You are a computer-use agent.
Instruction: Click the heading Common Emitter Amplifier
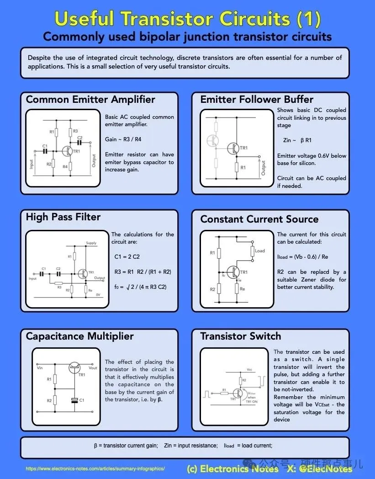(90, 100)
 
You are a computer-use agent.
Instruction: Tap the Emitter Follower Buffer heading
(257, 100)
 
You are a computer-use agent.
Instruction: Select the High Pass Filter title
(63, 217)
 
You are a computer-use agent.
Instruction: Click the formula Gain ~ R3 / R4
(123, 139)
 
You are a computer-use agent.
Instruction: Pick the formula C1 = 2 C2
(127, 257)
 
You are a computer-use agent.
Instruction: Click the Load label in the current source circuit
(260, 250)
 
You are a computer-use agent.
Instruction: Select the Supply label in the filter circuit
(91, 243)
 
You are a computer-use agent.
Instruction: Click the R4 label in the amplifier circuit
(65, 167)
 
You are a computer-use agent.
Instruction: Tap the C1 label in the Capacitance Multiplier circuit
(82, 400)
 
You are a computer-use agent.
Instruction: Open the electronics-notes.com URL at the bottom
(95, 469)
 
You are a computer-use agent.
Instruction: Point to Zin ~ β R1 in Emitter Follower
(297, 140)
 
